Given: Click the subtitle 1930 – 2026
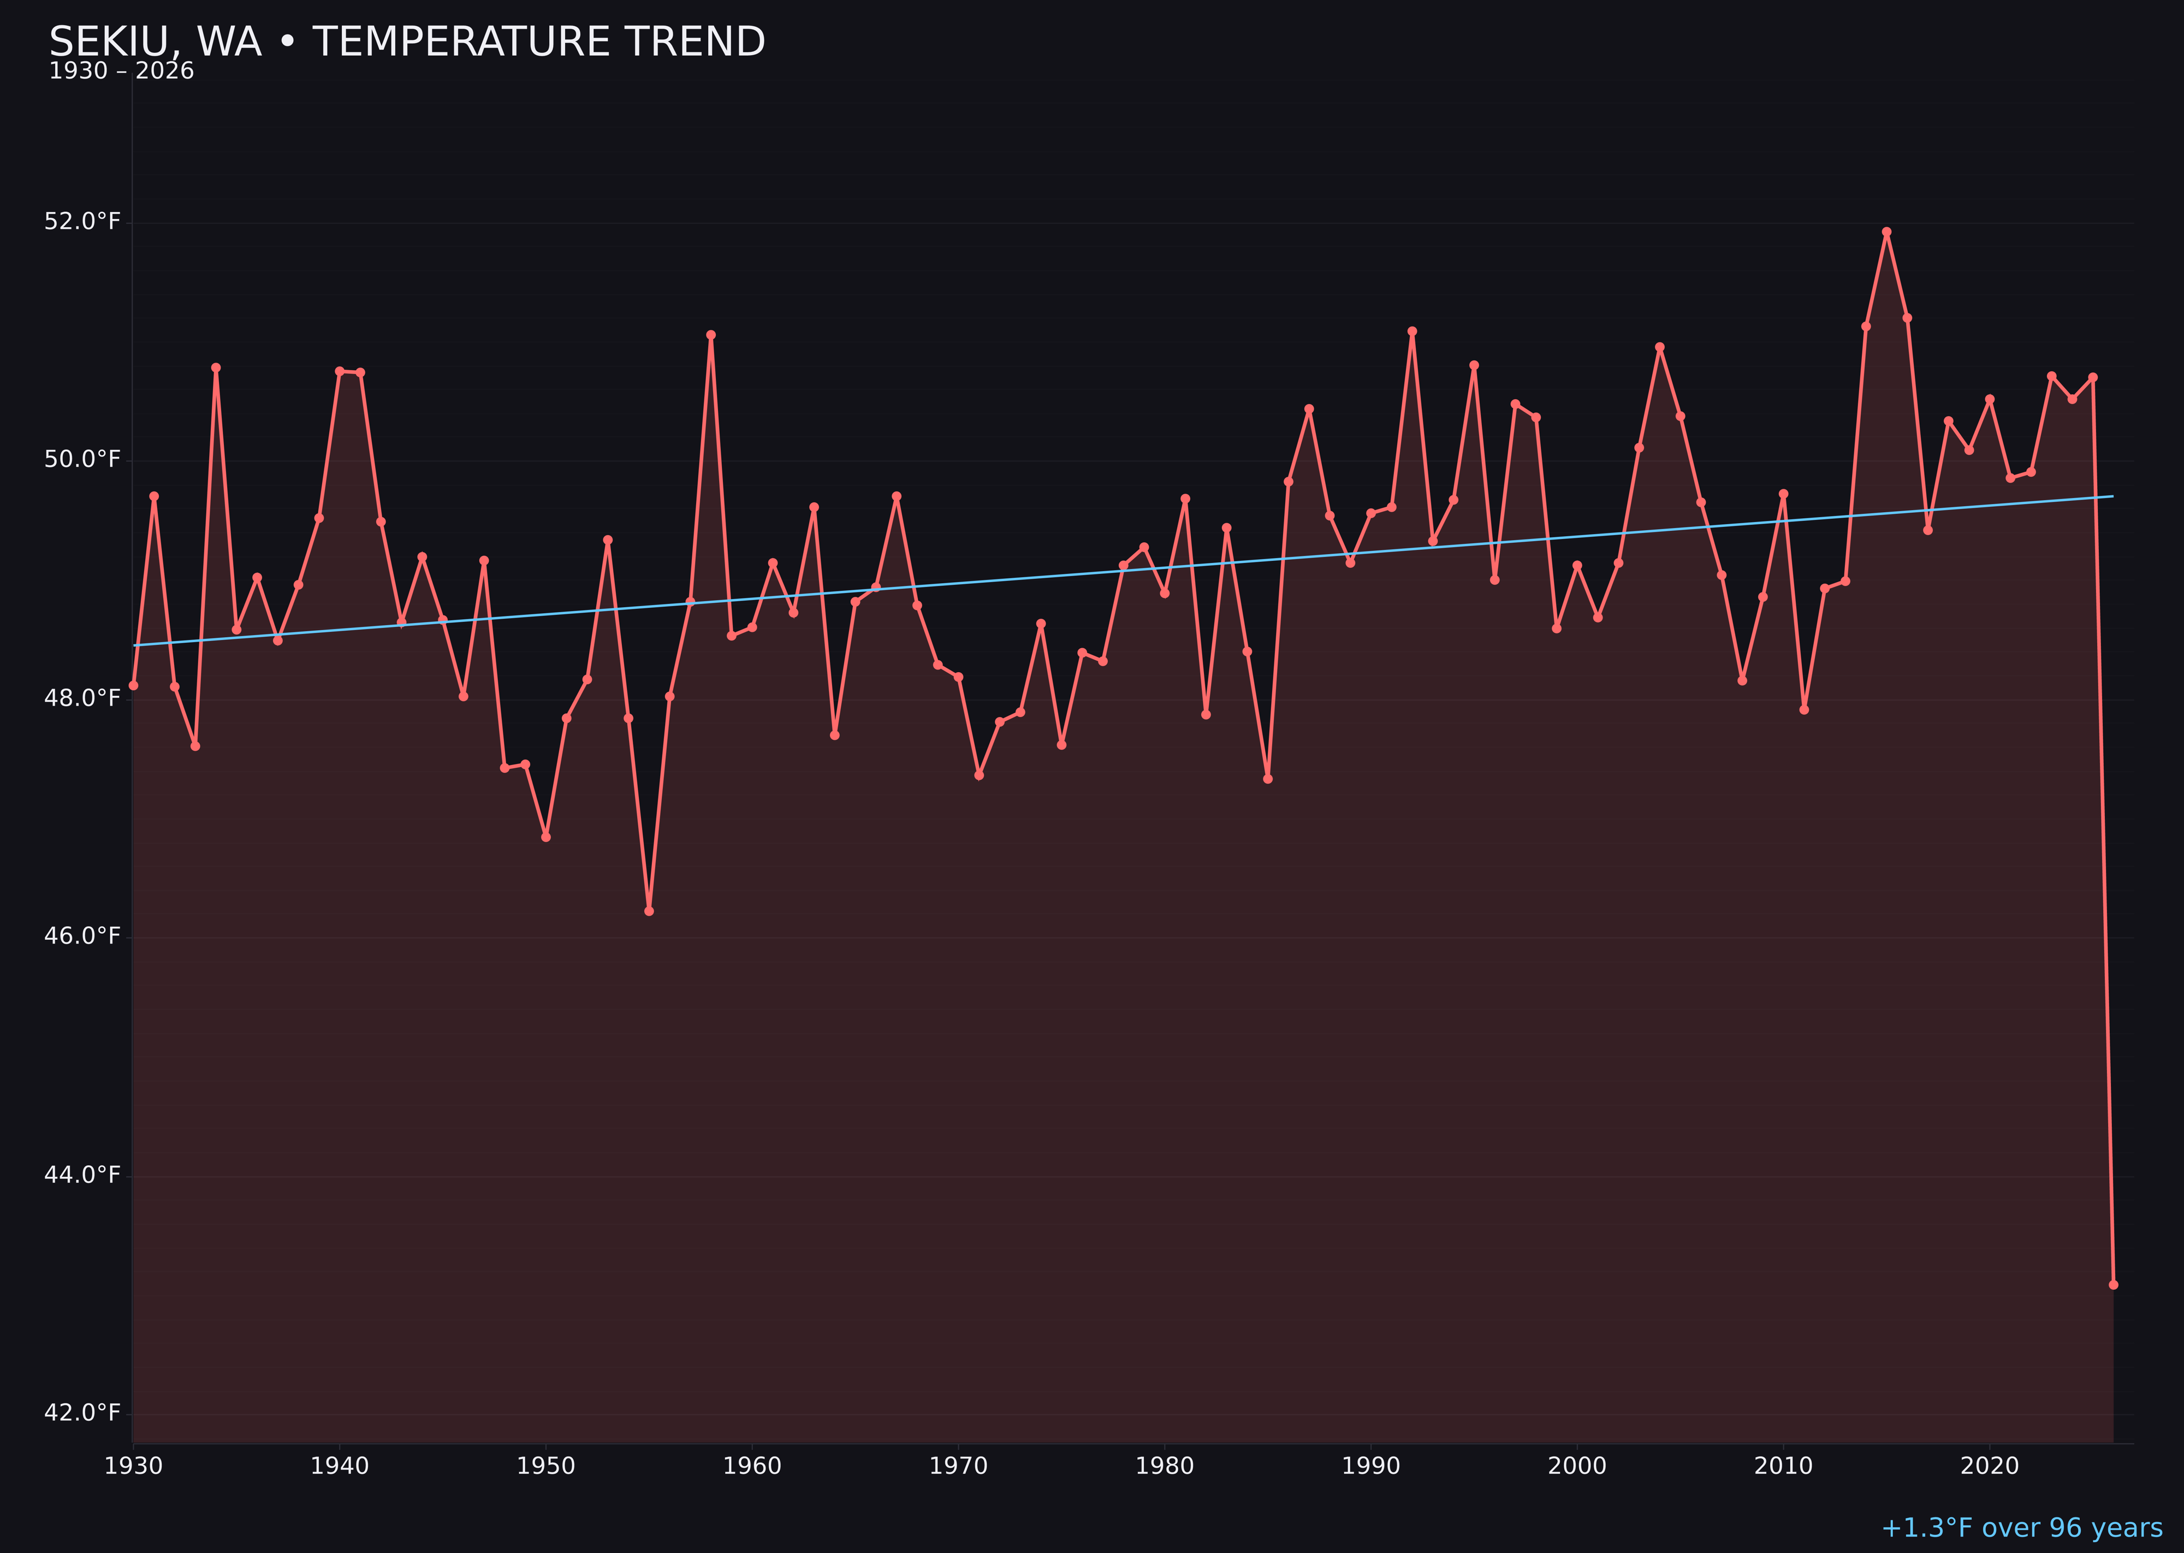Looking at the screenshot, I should [121, 72].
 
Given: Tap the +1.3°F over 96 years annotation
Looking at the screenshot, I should [2021, 1528].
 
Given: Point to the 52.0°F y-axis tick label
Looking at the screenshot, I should [82, 222].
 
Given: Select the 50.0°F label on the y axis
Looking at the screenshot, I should [82, 460].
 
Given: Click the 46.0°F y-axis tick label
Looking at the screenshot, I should [82, 936].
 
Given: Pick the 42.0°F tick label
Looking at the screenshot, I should [82, 1413].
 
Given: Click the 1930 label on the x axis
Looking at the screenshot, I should [133, 1466].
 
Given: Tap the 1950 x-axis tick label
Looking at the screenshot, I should [546, 1466].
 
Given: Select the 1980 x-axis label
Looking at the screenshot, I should [1165, 1466].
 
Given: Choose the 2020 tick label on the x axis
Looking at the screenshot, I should [1990, 1466].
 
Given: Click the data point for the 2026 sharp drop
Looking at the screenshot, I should [2113, 1284].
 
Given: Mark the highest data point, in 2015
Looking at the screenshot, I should [1886, 232].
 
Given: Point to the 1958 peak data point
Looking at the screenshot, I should [710, 335].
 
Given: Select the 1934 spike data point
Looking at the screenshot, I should [216, 367].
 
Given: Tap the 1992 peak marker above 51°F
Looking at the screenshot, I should [1413, 331].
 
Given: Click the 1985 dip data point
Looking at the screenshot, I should [1268, 779].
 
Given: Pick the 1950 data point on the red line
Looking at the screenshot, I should [546, 837].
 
